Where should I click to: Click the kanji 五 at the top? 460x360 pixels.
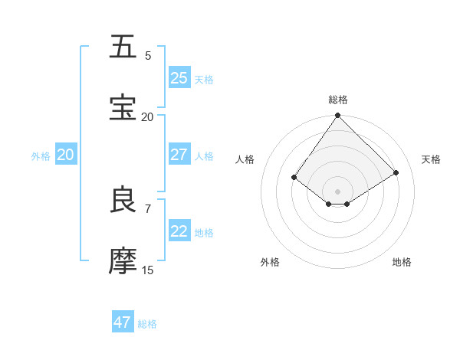[123, 47]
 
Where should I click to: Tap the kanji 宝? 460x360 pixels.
[123, 108]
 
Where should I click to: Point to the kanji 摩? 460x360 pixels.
[123, 260]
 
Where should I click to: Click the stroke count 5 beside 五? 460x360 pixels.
[148, 56]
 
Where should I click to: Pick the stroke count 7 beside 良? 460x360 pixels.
[148, 208]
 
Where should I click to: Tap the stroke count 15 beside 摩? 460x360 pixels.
[148, 270]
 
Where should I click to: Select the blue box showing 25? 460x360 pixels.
[179, 78]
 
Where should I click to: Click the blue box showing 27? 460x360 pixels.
[179, 155]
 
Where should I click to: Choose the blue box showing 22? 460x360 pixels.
[179, 231]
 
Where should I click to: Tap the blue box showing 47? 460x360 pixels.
[123, 322]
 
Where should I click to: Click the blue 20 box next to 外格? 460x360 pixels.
[66, 155]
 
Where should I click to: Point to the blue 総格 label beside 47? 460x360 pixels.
[147, 324]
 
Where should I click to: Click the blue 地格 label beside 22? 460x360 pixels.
[204, 233]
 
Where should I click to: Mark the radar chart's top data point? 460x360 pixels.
[337, 116]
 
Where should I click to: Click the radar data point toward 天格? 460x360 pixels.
[396, 172]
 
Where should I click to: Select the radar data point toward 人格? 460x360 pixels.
[294, 178]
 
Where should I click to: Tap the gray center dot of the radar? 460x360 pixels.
[337, 191]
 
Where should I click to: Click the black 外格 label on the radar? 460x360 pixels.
[270, 263]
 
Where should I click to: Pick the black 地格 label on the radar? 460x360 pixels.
[402, 263]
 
